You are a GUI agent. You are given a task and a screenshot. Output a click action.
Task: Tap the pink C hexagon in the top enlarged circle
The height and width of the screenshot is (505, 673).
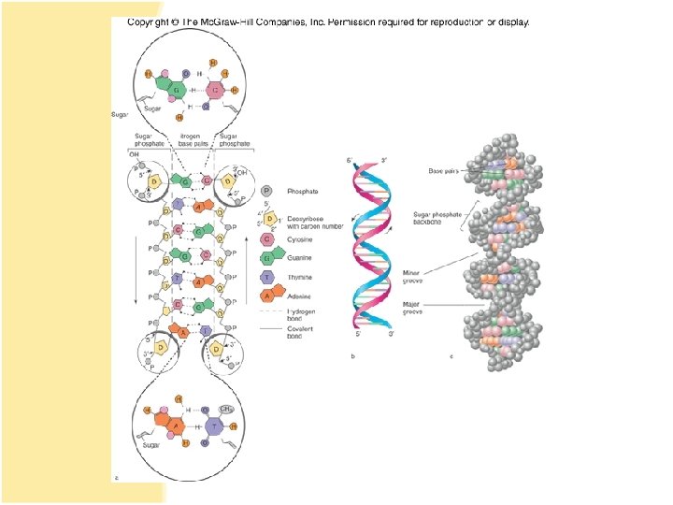tap(216, 91)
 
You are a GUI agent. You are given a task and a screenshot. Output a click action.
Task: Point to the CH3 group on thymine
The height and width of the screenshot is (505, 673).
tap(227, 408)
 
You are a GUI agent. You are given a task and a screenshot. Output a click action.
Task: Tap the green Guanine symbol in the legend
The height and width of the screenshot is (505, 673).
tap(267, 257)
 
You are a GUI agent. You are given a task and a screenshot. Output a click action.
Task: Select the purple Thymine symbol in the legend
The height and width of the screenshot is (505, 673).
tap(267, 277)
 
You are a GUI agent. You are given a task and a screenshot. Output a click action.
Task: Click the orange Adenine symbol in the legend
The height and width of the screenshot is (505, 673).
tap(267, 296)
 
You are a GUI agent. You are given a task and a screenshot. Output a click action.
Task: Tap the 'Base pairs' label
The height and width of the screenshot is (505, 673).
tap(441, 171)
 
